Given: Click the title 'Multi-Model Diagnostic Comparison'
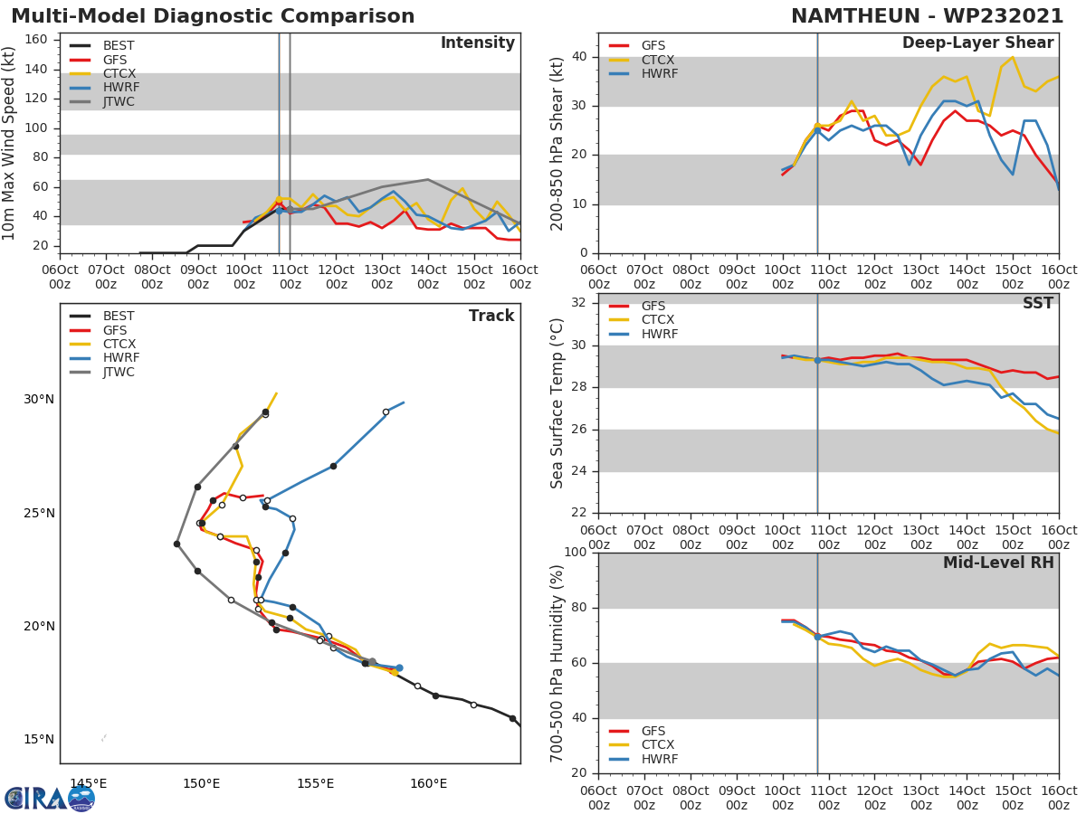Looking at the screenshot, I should tap(213, 16).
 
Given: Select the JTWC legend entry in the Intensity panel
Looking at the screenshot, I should tap(119, 101).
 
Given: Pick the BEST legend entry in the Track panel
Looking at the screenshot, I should tap(119, 317).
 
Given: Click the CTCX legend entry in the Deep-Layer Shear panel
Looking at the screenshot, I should tap(657, 60).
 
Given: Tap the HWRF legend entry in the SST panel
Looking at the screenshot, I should tap(659, 334).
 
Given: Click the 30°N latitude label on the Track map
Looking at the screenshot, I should tap(39, 400).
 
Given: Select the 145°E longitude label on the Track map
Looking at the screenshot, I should tap(89, 783).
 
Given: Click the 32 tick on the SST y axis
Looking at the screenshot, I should tap(579, 302).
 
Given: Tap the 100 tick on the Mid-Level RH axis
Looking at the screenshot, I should tap(576, 553).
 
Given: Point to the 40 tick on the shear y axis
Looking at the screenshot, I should tap(579, 57).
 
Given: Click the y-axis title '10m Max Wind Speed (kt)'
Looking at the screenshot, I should tap(10, 143).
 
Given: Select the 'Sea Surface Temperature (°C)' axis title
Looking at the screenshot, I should tap(557, 403).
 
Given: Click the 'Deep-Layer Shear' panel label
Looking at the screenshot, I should tap(977, 43).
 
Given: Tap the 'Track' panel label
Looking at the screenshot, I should tap(491, 316).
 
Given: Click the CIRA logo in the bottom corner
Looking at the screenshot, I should tap(50, 798).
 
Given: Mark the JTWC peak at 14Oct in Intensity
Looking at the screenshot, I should tap(427, 179).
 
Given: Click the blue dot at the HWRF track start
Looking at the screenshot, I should tap(399, 667).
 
